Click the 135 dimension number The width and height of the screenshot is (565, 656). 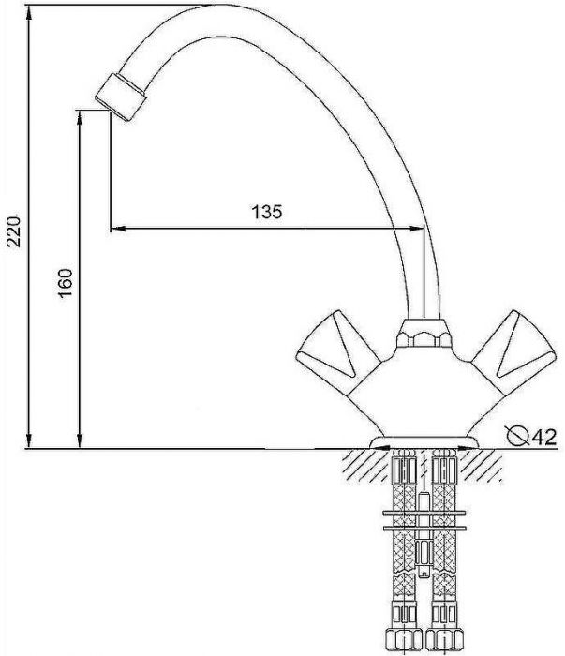pos(267,212)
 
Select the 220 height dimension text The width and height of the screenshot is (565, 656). pos(14,229)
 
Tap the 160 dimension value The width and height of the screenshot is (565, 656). pos(65,282)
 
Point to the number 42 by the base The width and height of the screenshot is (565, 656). pos(546,435)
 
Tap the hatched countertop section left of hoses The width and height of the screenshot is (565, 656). pos(361,463)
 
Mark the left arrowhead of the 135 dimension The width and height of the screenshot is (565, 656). pos(116,227)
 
